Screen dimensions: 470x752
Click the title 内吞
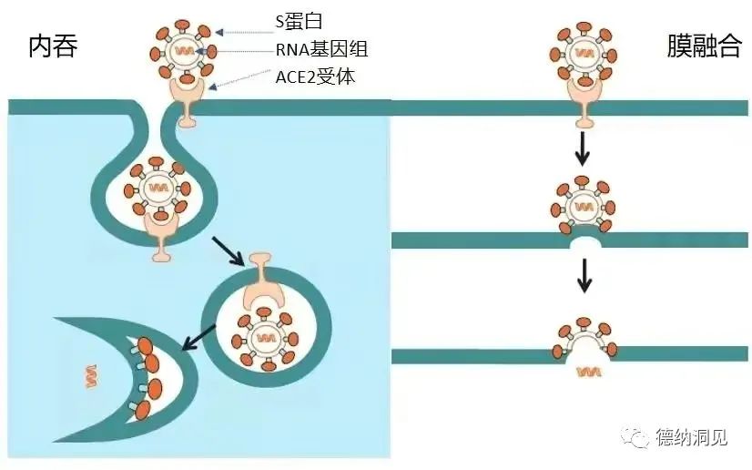(53, 46)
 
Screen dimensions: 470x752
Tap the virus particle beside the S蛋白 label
(186, 48)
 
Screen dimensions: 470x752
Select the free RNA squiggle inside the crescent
(90, 373)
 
